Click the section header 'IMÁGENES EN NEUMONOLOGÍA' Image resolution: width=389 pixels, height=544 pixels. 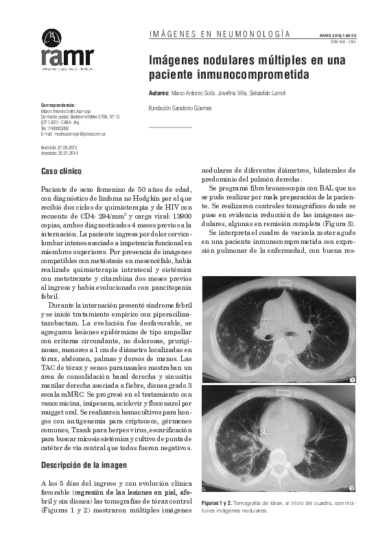pos(219,34)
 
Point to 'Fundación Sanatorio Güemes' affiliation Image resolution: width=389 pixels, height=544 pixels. pos(180,108)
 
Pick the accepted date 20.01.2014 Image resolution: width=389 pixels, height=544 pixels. pos(69,153)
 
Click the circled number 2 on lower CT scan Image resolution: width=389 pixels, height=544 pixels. pos(352,489)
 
